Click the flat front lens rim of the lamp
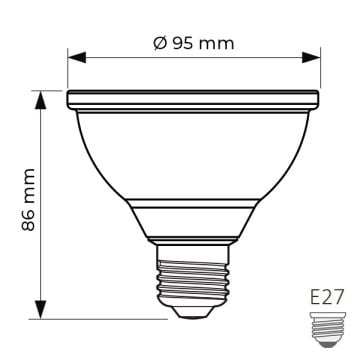193,99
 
